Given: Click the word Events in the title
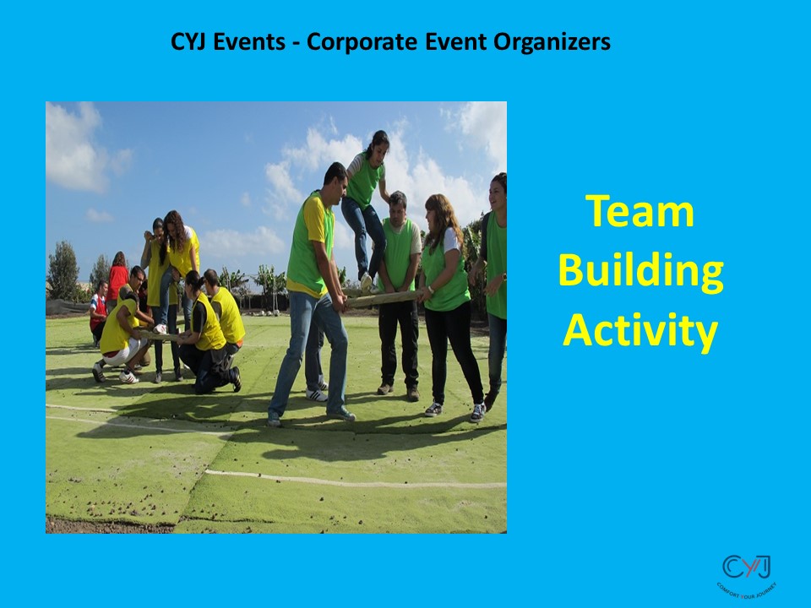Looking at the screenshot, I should coord(252,41).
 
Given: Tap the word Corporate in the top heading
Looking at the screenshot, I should coord(351,41).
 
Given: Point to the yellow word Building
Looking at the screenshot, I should coord(640,271).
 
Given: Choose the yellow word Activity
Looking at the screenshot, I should coord(640,330).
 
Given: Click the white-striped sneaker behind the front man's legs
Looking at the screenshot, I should coord(316,394).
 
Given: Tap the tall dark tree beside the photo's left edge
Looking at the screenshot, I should coord(62,270).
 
